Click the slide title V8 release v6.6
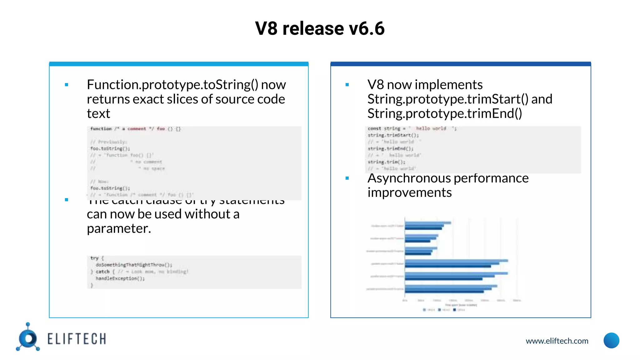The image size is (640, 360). click(x=320, y=28)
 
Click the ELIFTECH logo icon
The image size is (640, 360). click(x=28, y=338)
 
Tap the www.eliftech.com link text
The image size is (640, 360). click(x=557, y=341)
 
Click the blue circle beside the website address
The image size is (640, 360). click(x=611, y=340)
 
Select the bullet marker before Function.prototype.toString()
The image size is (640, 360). click(x=67, y=85)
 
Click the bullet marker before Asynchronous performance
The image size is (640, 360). click(x=347, y=178)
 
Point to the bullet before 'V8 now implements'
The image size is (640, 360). click(x=347, y=85)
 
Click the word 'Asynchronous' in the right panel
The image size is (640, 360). click(x=409, y=178)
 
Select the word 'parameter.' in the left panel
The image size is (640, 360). click(x=119, y=229)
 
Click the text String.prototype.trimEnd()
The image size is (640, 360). click(x=444, y=113)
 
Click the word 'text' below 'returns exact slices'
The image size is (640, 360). click(x=98, y=114)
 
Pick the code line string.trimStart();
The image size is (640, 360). click(x=393, y=135)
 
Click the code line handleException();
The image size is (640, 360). click(x=120, y=278)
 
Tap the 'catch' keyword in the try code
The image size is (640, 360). click(x=102, y=272)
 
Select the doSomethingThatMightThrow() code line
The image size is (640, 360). click(x=134, y=265)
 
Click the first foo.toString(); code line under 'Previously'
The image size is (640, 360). click(x=110, y=149)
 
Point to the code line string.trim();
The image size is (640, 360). click(x=387, y=162)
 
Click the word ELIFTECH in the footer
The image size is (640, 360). click(x=77, y=339)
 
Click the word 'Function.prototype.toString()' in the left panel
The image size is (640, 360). click(x=172, y=85)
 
